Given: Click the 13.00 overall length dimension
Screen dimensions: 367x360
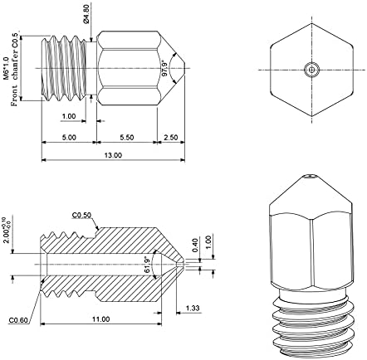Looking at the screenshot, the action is pyautogui.click(x=113, y=155).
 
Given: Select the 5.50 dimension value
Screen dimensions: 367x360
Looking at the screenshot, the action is pyautogui.click(x=127, y=138).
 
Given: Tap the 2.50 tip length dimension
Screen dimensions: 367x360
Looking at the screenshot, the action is pyautogui.click(x=171, y=138).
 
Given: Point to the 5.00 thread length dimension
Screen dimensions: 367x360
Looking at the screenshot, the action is pyautogui.click(x=69, y=138).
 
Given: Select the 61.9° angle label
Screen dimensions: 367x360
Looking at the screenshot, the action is pyautogui.click(x=148, y=265).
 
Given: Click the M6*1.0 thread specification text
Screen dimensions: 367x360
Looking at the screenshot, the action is pyautogui.click(x=6, y=69).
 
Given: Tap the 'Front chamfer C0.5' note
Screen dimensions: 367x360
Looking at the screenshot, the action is pyautogui.click(x=14, y=70).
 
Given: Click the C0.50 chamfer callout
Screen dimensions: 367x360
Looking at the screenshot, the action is pyautogui.click(x=81, y=215).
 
